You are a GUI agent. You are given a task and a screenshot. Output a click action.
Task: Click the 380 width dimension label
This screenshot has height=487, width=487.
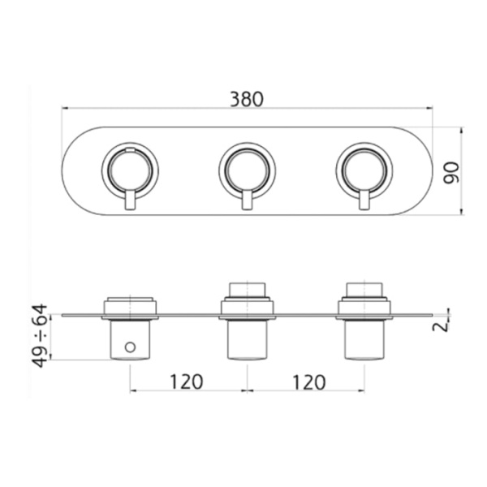click(x=247, y=99)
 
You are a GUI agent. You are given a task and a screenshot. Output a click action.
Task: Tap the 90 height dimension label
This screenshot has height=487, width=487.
click(x=451, y=173)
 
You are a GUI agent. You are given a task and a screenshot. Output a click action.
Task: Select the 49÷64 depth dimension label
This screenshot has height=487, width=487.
click(x=41, y=336)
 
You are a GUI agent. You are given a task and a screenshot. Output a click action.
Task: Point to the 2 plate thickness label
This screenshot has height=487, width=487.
click(x=441, y=327)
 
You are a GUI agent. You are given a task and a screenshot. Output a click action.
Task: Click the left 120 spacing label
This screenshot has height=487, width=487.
click(x=187, y=381)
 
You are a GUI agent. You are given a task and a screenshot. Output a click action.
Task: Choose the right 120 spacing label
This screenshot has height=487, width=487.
click(x=309, y=382)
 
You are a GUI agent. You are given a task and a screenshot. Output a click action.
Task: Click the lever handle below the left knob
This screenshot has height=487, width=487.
click(x=130, y=200)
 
